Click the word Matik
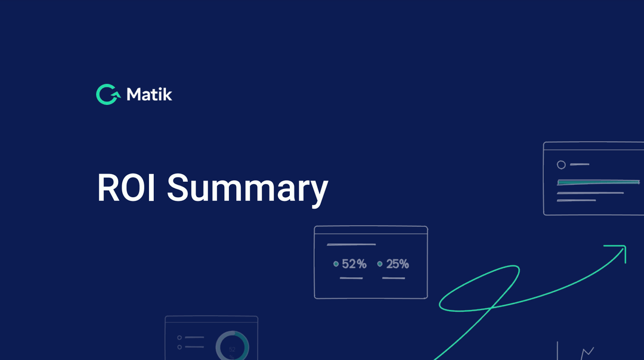tap(150, 94)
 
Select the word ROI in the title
tap(126, 188)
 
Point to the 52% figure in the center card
tap(354, 264)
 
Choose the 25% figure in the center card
tap(397, 264)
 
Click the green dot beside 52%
tap(336, 263)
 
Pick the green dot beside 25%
tap(380, 263)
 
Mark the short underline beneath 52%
tap(351, 278)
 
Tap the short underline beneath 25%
tap(394, 278)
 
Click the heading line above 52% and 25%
tap(351, 244)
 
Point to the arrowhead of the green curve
tap(621, 249)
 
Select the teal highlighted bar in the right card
tap(590, 182)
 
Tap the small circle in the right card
tap(561, 165)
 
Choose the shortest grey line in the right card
tap(580, 164)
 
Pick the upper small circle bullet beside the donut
tap(179, 337)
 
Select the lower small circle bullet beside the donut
tap(179, 347)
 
